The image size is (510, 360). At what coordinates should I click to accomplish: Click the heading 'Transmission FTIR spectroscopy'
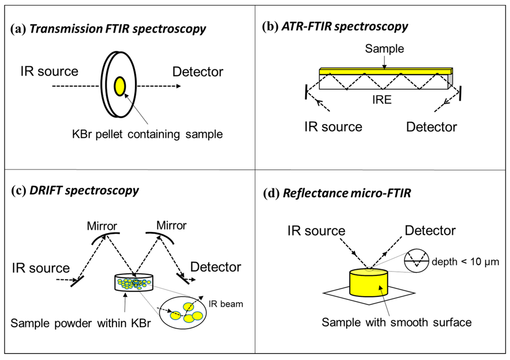[x=117, y=29]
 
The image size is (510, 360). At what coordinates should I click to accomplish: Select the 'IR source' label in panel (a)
[x=49, y=71]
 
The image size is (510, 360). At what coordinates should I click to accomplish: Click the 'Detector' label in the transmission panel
[x=198, y=72]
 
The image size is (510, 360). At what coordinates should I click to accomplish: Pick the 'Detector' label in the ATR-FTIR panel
[x=431, y=126]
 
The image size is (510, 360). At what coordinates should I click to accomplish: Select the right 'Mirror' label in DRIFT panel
[x=171, y=226]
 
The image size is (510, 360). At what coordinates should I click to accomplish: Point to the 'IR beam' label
[x=226, y=303]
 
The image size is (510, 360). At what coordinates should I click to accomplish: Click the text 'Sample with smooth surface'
[x=396, y=322]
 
